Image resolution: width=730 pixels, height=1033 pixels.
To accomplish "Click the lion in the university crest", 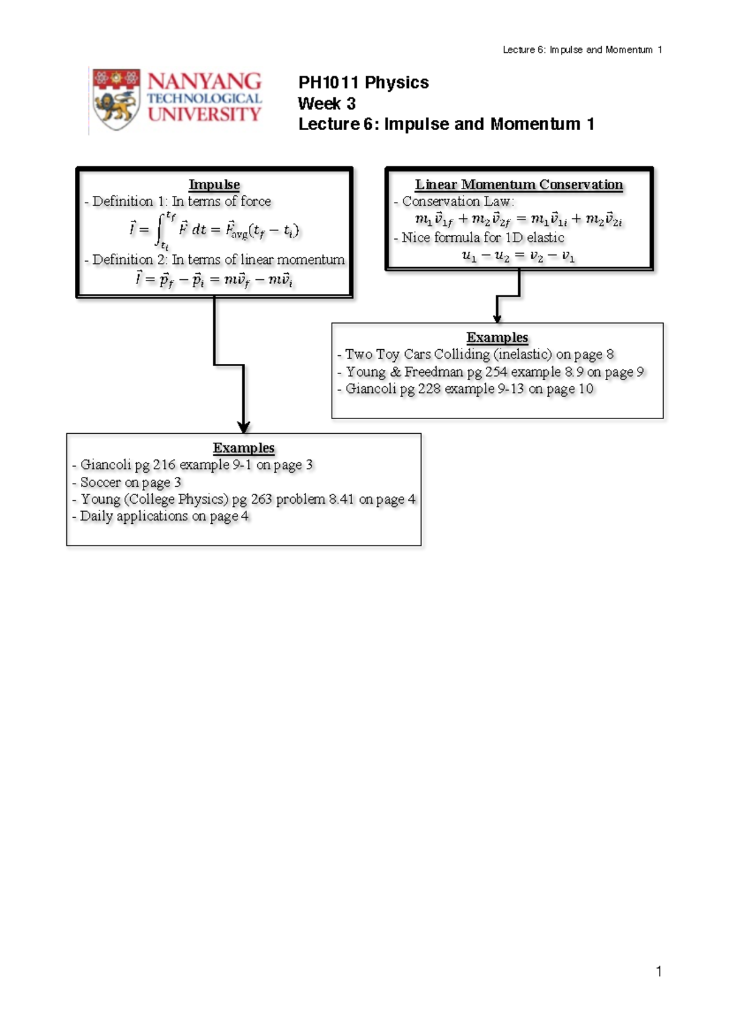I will tap(116, 107).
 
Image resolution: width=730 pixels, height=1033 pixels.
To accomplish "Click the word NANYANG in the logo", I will tap(204, 82).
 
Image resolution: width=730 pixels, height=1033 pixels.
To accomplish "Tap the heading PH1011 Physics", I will tap(363, 83).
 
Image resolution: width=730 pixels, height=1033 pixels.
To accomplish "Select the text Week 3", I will tap(327, 103).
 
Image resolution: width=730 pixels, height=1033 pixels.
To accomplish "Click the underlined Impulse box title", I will tap(214, 184).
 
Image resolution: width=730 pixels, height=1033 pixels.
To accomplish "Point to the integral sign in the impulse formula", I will tap(160, 230).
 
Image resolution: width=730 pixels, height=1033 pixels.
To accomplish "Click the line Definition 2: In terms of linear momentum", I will tap(214, 260).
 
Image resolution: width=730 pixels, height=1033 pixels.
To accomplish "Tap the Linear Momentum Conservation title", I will tap(519, 184).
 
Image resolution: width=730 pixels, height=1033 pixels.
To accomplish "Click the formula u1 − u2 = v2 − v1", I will tap(518, 256).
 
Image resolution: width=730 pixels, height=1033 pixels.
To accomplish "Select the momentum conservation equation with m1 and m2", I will tap(518, 220).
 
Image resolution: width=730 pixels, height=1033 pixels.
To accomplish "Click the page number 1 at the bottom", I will tap(659, 971).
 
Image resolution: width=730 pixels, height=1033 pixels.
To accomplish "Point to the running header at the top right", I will tap(582, 50).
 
